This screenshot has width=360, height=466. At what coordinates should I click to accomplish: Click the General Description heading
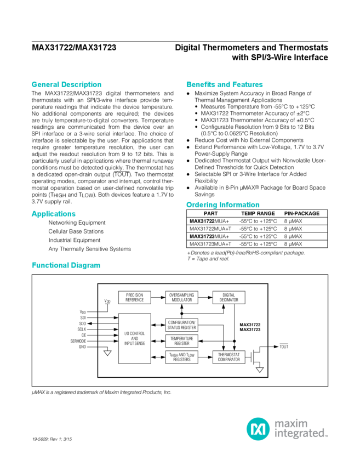tap(59, 85)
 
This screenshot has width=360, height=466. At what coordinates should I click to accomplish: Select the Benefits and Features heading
tap(217, 85)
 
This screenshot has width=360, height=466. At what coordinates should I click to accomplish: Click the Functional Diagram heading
tap(66, 265)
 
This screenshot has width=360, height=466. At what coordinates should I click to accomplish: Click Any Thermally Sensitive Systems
tap(89, 249)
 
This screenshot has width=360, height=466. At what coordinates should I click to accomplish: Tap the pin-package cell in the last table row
tap(296, 243)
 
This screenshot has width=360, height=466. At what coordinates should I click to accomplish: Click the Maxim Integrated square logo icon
tap(256, 427)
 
